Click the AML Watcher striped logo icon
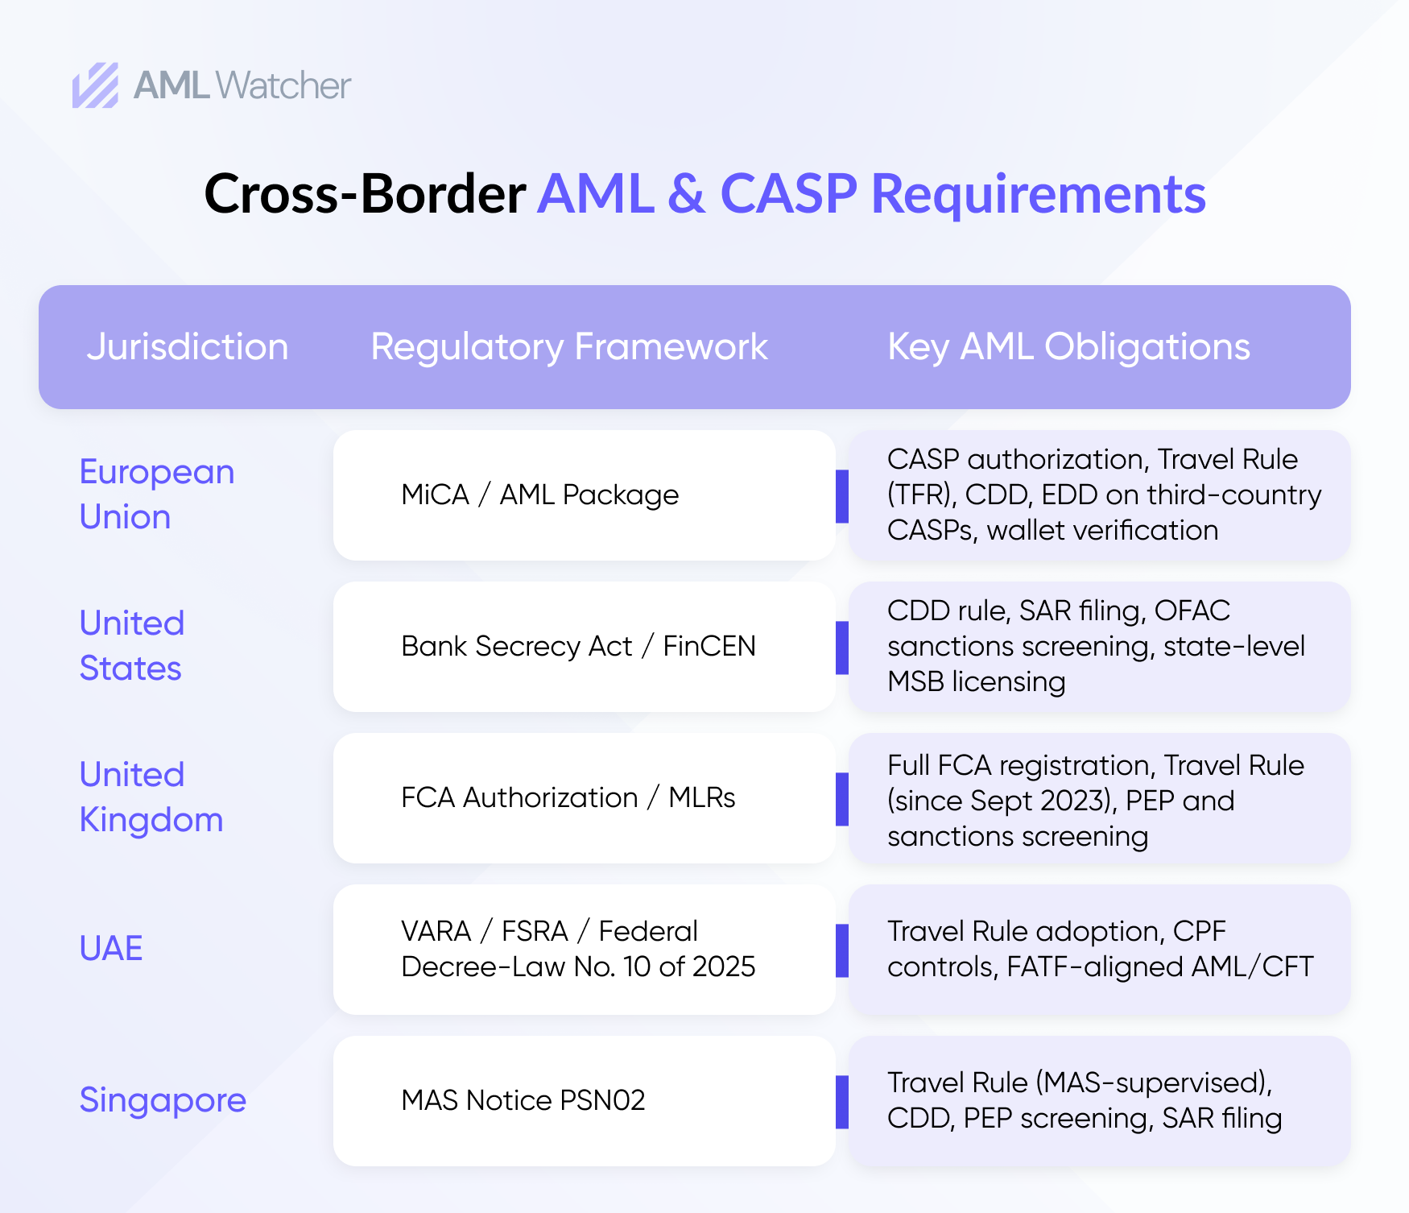[x=96, y=85]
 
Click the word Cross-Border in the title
[x=365, y=193]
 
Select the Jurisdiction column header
[x=188, y=347]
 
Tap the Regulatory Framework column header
[x=569, y=347]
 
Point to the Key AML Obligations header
[x=1068, y=347]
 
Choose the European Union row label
[x=157, y=494]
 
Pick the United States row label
[x=132, y=645]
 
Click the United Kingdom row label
[x=151, y=797]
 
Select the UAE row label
[x=111, y=948]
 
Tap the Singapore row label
[x=163, y=1100]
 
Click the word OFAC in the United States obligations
[x=1192, y=611]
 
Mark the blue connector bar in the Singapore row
[x=842, y=1102]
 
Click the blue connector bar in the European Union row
[x=842, y=496]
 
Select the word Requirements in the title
[x=1039, y=194]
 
